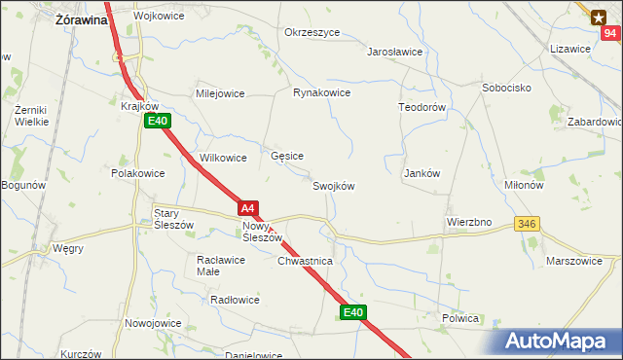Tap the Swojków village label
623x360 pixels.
[333, 187]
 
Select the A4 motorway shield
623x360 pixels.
[248, 208]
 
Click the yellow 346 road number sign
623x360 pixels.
[527, 224]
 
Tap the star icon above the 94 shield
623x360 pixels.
[598, 16]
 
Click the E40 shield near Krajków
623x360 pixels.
[159, 122]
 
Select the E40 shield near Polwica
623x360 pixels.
[353, 312]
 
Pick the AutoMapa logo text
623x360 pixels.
[559, 341]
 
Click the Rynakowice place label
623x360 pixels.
[321, 93]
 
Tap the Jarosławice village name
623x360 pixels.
[394, 52]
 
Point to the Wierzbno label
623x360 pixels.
[469, 222]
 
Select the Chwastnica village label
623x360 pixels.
[305, 262]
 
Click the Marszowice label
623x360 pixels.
[582, 261]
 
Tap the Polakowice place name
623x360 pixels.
[137, 173]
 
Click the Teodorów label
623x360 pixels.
[421, 107]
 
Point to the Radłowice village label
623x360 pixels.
[235, 300]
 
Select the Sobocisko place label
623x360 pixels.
[505, 88]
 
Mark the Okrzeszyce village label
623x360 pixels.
[311, 32]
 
